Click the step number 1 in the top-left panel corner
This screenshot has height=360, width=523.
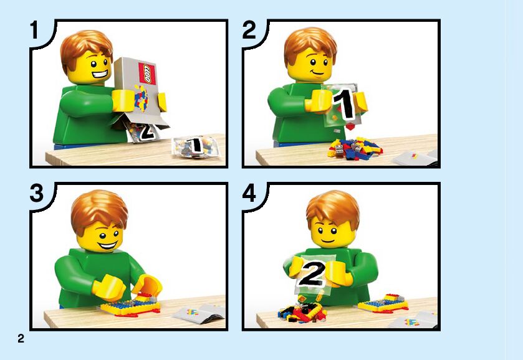point(34,30)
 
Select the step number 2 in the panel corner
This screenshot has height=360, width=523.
point(249,30)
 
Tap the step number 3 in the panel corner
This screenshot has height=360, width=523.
point(36,193)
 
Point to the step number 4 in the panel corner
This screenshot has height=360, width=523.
point(249,193)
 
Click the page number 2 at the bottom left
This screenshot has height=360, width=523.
point(21,338)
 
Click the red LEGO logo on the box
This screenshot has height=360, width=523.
point(147,73)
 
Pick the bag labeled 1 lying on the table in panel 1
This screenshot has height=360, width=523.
point(194,146)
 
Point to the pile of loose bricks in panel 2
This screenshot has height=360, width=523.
point(354,149)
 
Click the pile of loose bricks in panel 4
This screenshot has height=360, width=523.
point(302,312)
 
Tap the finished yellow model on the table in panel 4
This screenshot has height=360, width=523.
point(383,303)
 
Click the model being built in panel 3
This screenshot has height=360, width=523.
point(130,305)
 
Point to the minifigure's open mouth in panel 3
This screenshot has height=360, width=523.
point(107,246)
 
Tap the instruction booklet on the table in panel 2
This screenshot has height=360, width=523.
point(415,158)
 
